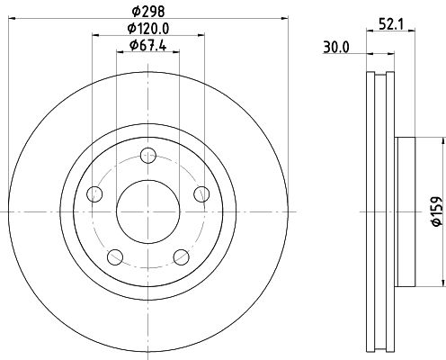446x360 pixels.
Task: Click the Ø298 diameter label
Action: point(148,12)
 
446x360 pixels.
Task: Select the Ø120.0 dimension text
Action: point(148,29)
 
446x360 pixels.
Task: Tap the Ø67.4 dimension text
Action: point(147,46)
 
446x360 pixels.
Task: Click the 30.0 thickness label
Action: point(336,48)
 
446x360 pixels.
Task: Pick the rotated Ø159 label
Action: point(436,211)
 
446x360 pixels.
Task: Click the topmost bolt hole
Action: point(148,156)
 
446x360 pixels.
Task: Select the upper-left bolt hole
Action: point(94,193)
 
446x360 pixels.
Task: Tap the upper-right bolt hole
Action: point(201,193)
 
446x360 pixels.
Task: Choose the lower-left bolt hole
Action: point(115,257)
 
